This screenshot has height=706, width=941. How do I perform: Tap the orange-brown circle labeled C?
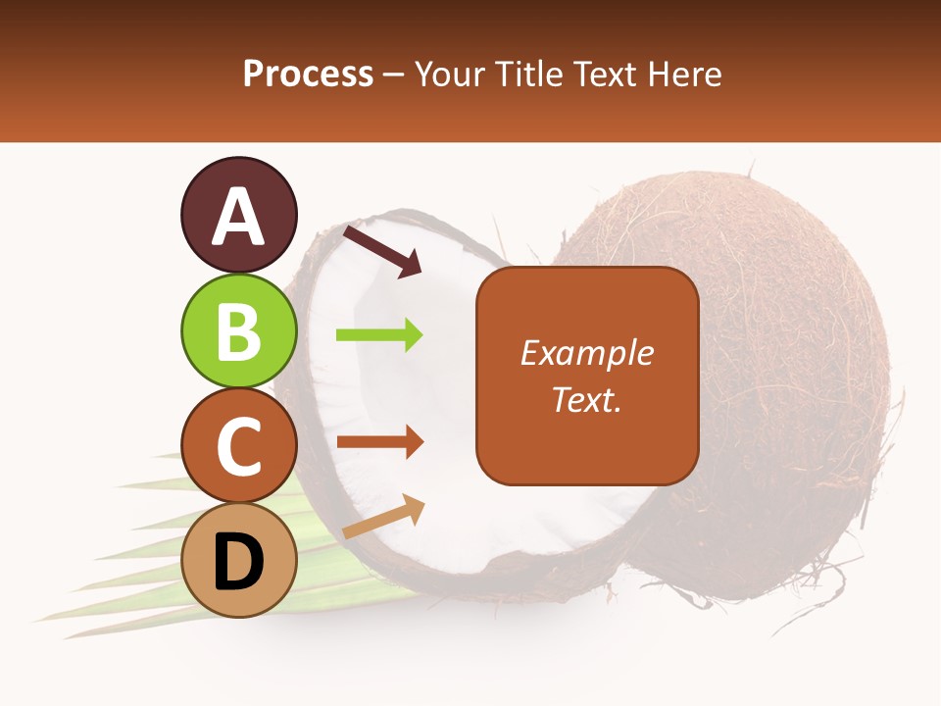[238, 445]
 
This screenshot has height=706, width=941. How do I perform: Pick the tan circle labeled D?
[238, 560]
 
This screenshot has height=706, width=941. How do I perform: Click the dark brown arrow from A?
[381, 250]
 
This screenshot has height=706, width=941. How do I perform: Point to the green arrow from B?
[379, 335]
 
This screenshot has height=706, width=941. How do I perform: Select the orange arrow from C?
[379, 441]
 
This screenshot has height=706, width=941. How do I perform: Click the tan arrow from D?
[383, 517]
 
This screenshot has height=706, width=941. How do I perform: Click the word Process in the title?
[308, 74]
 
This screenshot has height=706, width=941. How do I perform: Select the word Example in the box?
[586, 353]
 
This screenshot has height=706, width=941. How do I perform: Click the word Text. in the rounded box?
[586, 399]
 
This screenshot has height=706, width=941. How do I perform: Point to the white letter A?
[238, 217]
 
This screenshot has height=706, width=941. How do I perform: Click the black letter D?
[238, 562]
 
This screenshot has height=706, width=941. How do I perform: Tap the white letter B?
[238, 331]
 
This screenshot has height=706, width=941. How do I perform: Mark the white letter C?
[238, 446]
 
